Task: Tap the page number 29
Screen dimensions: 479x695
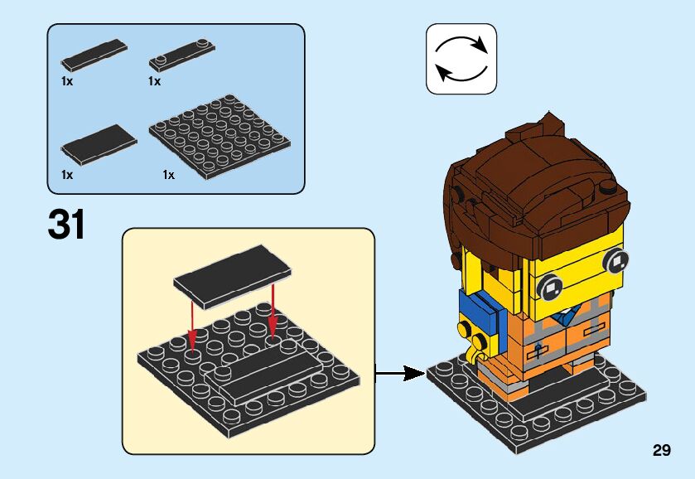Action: click(x=661, y=451)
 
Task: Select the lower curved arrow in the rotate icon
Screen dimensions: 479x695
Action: click(x=461, y=73)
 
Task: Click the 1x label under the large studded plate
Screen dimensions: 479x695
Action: click(x=169, y=175)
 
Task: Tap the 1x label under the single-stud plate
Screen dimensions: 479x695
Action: click(x=154, y=81)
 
